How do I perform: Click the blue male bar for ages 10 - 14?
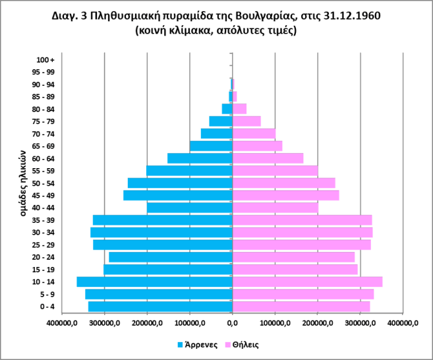[x=155, y=282]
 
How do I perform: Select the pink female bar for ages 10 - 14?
[x=307, y=282]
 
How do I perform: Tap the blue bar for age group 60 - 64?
[x=200, y=158]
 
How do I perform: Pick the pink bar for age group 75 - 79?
[x=246, y=121]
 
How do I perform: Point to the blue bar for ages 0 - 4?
[x=160, y=307]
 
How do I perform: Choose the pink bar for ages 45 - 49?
[x=285, y=195]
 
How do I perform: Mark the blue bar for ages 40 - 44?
[x=190, y=208]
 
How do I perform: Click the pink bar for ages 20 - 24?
[x=293, y=257]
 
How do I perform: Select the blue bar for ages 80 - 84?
[x=227, y=109]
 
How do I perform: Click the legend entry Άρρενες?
[x=198, y=344]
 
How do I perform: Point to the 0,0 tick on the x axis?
[x=232, y=323]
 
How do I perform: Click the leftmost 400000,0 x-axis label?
[x=62, y=323]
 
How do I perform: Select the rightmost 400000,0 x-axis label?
[x=403, y=323]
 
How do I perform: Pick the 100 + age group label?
[x=46, y=60]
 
